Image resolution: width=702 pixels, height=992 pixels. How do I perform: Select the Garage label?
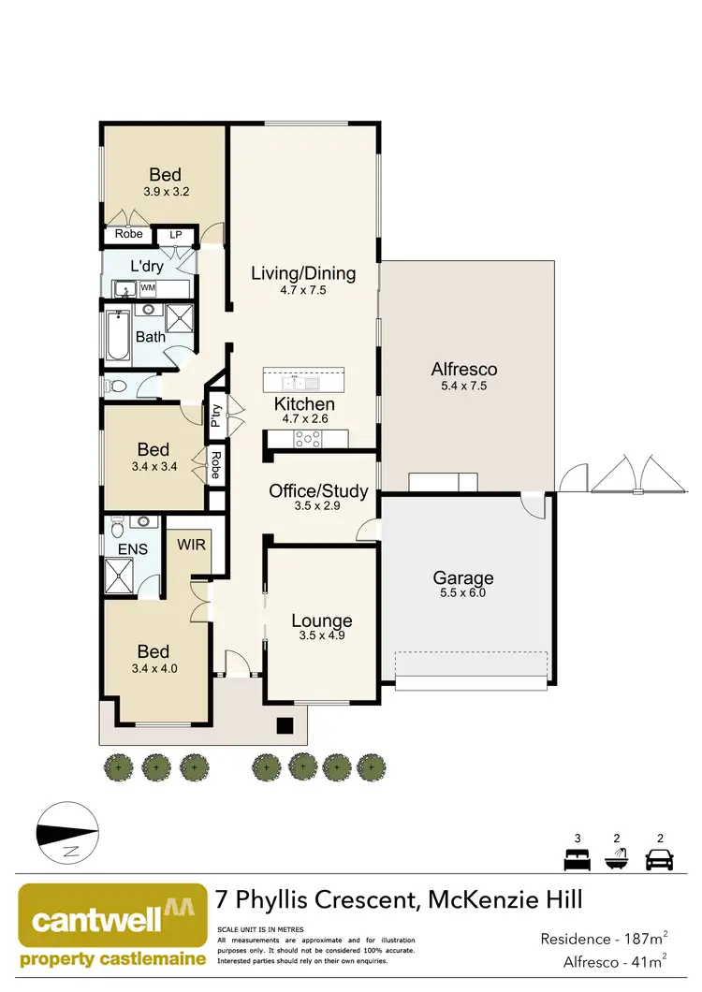(x=462, y=577)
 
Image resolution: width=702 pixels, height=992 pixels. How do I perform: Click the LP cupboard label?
(x=175, y=234)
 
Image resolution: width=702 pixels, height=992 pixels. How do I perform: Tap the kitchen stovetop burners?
(x=308, y=436)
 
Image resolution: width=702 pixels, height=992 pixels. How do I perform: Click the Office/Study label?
(x=318, y=491)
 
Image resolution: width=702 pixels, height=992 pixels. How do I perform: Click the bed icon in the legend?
(x=575, y=858)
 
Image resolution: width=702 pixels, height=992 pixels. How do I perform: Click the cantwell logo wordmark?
(x=103, y=917)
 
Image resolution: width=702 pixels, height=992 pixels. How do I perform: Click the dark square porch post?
(x=285, y=724)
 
